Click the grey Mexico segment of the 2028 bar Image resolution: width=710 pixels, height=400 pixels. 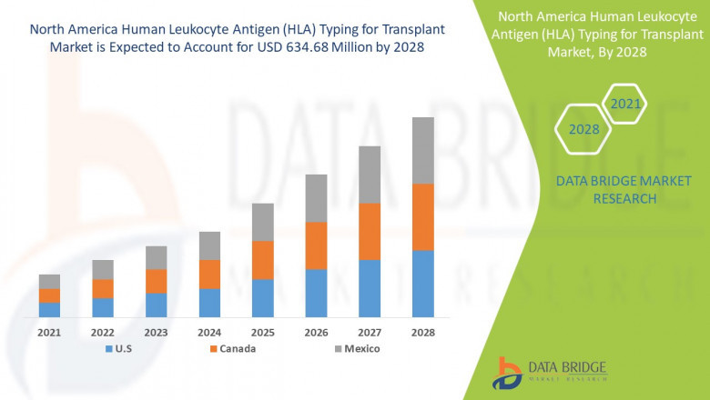pyautogui.click(x=422, y=150)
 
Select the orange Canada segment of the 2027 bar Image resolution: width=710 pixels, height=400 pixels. pyautogui.click(x=369, y=231)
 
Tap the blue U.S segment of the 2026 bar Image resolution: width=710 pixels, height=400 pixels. pyautogui.click(x=316, y=293)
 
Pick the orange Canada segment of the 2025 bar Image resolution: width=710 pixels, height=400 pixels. pyautogui.click(x=262, y=260)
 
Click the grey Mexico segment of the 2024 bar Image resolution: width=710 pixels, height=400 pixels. pyautogui.click(x=209, y=245)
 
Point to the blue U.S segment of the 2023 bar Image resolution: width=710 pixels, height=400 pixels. pyautogui.click(x=156, y=305)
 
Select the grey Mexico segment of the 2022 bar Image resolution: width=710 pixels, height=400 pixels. pyautogui.click(x=103, y=269)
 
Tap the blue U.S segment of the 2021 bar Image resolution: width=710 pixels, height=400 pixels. pyautogui.click(x=49, y=309)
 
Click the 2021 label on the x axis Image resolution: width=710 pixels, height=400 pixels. pyautogui.click(x=49, y=333)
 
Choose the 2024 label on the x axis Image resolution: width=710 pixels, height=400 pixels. pyautogui.click(x=209, y=333)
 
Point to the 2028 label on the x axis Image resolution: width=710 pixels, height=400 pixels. pyautogui.click(x=422, y=333)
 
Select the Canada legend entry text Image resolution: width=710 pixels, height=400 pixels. pyautogui.click(x=238, y=349)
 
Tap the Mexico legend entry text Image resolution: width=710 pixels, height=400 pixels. pyautogui.click(x=361, y=349)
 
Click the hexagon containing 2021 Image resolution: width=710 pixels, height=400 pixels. pyautogui.click(x=624, y=104)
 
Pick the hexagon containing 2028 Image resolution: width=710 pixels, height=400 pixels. pyautogui.click(x=583, y=129)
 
